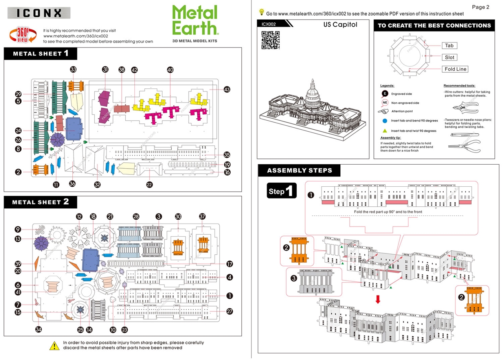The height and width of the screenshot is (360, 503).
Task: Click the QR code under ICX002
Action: click(270, 40)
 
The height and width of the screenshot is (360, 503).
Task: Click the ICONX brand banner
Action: click(39, 13)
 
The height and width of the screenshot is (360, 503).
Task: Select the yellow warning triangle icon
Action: click(54, 345)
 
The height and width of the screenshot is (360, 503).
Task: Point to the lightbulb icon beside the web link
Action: click(262, 12)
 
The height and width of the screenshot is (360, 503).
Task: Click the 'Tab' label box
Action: click(449, 46)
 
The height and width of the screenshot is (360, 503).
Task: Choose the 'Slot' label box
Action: click(450, 57)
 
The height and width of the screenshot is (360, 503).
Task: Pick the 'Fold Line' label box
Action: click(455, 69)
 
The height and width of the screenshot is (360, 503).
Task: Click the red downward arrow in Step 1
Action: click(378, 299)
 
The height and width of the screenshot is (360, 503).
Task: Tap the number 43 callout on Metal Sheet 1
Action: click(227, 89)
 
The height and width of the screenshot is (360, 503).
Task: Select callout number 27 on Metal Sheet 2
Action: click(229, 311)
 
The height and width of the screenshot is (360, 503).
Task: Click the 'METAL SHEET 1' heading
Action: click(41, 53)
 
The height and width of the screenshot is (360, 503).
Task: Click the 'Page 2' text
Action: click(480, 7)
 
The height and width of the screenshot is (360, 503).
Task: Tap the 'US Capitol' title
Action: click(340, 24)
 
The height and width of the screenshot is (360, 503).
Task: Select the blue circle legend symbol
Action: click(385, 121)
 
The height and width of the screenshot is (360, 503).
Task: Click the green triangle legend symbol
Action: click(385, 130)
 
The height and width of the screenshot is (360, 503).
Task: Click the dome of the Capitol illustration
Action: click(313, 92)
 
